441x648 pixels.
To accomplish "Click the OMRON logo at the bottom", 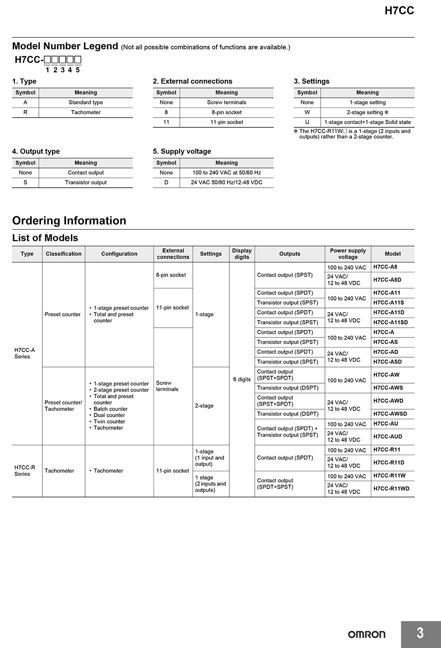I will point(366,634).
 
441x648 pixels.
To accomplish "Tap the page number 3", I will point(420,633).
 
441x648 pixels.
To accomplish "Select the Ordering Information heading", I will point(69,221).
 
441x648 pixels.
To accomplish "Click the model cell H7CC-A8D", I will point(387,280).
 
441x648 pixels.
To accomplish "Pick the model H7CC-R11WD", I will point(391,489).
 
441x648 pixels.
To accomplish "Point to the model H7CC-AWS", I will point(388,388).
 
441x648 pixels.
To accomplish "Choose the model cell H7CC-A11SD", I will point(390,322).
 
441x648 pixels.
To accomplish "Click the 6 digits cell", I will point(242,379).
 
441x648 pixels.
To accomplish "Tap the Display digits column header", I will point(242,254).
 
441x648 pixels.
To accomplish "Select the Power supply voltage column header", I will point(348,254).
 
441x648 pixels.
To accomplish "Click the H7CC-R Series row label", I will point(25,471).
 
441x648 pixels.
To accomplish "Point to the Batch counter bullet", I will point(110,409).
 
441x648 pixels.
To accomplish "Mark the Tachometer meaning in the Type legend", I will point(86,112).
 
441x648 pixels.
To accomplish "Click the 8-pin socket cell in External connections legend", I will point(226,112).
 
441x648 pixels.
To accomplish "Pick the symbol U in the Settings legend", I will point(307,122).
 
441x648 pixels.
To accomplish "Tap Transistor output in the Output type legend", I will point(86,182).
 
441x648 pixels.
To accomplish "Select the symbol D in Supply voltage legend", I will point(166,182).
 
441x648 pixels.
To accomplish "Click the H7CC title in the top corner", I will point(399,11).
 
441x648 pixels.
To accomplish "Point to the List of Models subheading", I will point(45,238).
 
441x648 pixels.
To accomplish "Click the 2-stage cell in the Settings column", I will point(204,406).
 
